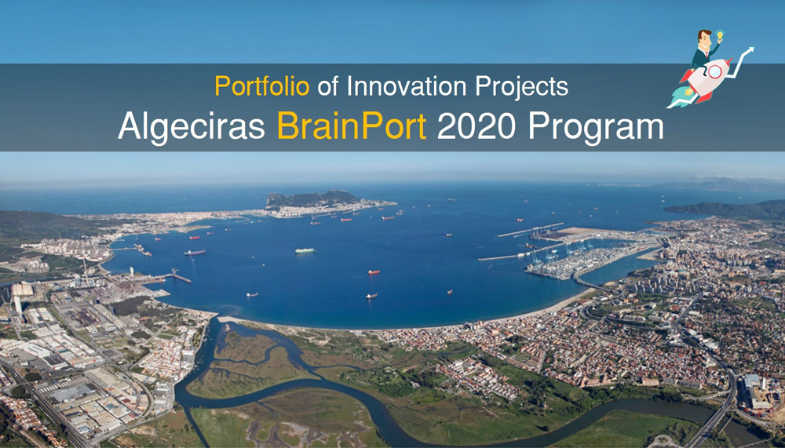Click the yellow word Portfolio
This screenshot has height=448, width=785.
[262, 86]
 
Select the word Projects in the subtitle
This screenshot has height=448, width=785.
[521, 87]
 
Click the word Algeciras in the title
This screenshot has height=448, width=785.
[192, 126]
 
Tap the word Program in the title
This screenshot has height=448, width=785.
[595, 126]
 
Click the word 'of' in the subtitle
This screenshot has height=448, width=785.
[328, 86]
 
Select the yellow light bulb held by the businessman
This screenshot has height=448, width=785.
[720, 35]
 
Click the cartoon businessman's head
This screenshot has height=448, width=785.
[704, 39]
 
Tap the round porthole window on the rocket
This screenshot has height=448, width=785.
[715, 72]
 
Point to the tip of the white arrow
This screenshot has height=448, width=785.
[753, 48]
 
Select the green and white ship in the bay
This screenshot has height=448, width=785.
[305, 250]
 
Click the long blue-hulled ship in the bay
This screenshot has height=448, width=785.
[194, 253]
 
